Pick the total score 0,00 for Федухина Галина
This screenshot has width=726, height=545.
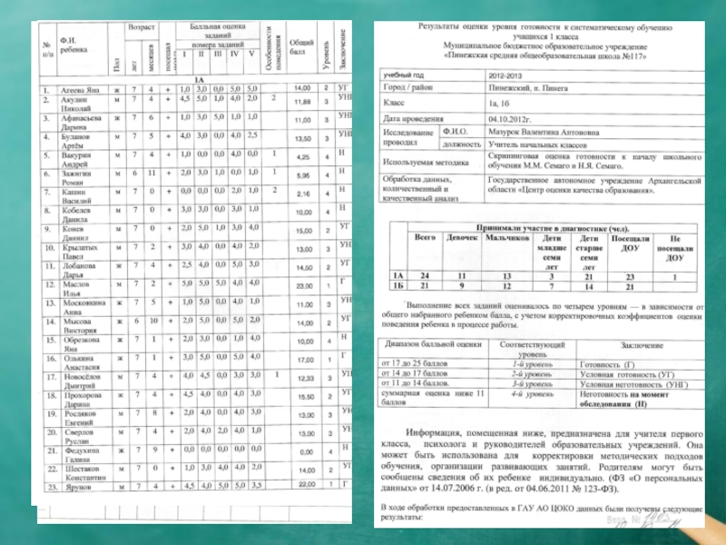pos(303,451)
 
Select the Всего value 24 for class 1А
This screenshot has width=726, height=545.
pos(420,275)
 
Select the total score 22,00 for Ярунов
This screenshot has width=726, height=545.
pos(302,485)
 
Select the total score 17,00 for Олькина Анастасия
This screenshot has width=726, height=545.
pos(302,360)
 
